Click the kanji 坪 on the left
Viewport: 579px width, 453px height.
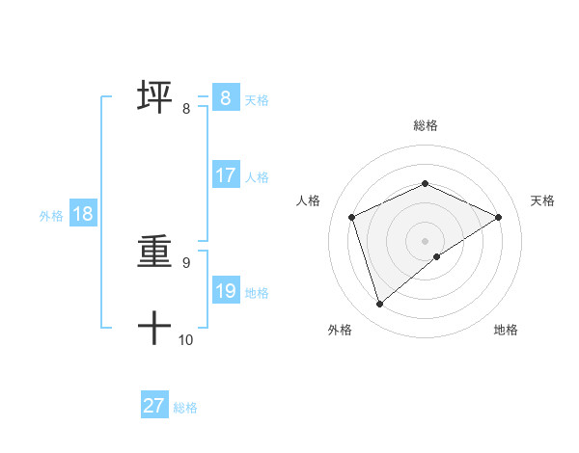click(x=154, y=98)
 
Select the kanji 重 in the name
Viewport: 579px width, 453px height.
click(x=154, y=253)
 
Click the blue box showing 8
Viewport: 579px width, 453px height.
click(x=225, y=98)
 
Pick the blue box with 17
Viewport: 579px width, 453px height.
click(x=225, y=175)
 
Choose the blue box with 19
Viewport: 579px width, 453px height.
click(x=225, y=291)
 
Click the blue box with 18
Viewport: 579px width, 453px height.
click(x=82, y=214)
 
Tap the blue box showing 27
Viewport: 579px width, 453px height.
click(x=153, y=406)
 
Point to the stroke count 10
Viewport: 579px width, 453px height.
click(x=186, y=339)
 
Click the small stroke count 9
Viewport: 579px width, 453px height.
click(x=186, y=262)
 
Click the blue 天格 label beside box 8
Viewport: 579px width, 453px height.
click(x=257, y=99)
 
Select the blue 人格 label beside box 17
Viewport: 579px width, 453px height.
click(x=257, y=176)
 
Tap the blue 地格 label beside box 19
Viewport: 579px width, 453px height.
click(x=257, y=292)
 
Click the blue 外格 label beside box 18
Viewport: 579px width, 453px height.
click(x=51, y=216)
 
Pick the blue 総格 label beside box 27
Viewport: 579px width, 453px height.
click(x=185, y=407)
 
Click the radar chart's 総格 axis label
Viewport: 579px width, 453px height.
click(x=425, y=125)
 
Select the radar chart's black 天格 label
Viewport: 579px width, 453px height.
click(x=542, y=200)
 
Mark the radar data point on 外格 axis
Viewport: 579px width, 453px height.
click(x=379, y=305)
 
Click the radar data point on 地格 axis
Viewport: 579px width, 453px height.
click(x=437, y=256)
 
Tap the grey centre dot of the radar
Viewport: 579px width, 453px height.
click(x=425, y=240)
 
